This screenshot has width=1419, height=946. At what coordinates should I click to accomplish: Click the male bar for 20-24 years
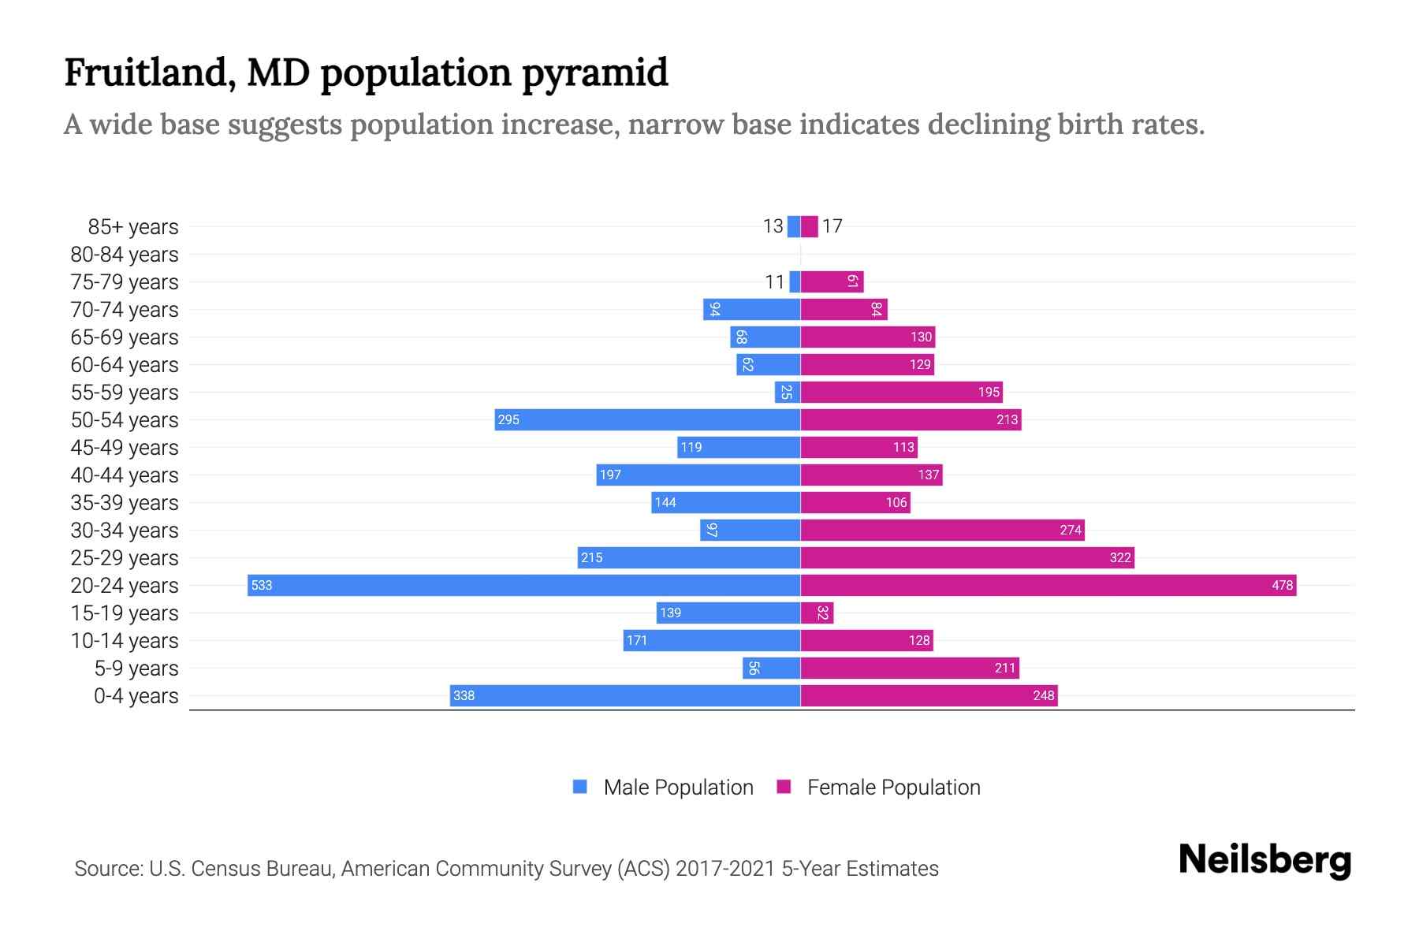[x=523, y=585]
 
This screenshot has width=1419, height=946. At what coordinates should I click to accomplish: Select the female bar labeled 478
[x=1048, y=585]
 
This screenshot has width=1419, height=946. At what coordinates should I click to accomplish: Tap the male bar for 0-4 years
[x=625, y=695]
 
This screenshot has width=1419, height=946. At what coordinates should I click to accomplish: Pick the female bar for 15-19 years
[x=817, y=613]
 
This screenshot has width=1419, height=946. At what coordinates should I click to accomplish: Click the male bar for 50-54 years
[x=647, y=419]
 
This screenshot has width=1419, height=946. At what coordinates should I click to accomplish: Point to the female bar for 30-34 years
[x=942, y=530]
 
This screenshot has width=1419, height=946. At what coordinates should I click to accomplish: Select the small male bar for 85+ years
[x=793, y=226]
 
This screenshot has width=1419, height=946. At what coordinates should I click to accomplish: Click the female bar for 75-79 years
[x=832, y=281]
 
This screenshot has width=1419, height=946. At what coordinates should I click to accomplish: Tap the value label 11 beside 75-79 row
[x=775, y=282]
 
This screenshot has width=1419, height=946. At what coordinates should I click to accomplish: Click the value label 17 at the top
[x=832, y=227]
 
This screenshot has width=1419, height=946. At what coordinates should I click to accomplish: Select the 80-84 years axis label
[x=125, y=255]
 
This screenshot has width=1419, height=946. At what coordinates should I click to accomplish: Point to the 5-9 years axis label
[x=136, y=669]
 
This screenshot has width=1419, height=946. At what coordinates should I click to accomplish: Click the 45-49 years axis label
[x=125, y=448]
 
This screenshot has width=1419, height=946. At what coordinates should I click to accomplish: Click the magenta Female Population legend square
[x=784, y=787]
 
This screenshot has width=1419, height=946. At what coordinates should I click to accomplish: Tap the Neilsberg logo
[x=1264, y=859]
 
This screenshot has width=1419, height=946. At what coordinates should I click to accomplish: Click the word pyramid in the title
[x=594, y=73]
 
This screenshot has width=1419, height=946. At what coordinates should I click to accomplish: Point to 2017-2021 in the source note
[x=725, y=869]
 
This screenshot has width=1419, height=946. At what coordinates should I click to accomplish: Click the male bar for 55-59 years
[x=788, y=392]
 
